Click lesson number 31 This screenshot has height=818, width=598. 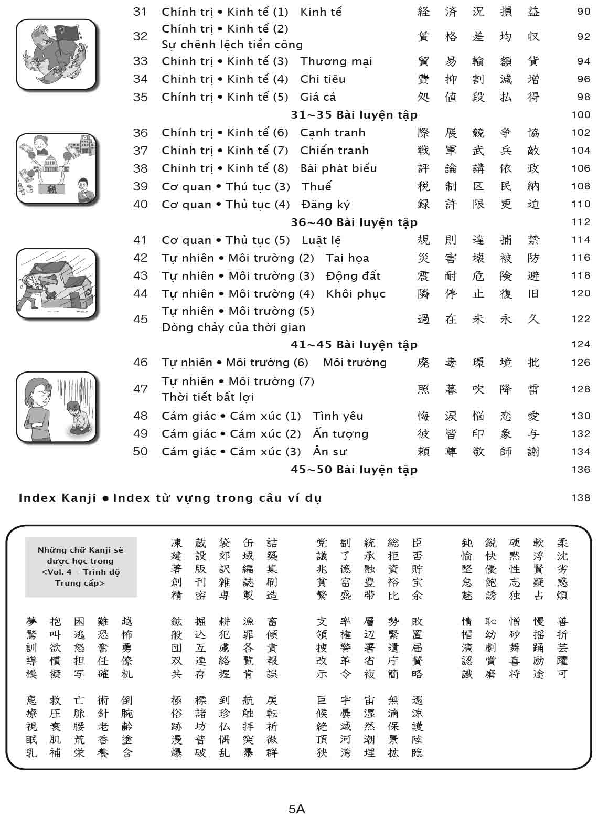tap(140, 12)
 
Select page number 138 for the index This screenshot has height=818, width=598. tap(581, 497)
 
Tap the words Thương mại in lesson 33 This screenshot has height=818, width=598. tap(336, 61)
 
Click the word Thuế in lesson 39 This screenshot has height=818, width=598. tap(316, 186)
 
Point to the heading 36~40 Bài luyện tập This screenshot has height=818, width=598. tap(354, 222)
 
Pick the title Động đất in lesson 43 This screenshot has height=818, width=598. tap(353, 275)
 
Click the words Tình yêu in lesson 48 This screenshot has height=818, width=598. tap(338, 416)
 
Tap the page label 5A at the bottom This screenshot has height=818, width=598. tap(297, 809)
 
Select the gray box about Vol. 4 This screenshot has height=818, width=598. tap(81, 567)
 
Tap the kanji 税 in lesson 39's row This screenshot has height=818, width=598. tap(423, 186)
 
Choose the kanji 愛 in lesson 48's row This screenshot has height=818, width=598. tap(533, 416)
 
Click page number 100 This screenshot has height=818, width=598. tap(581, 115)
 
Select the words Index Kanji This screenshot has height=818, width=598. tap(58, 497)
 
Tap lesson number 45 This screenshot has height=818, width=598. tap(140, 319)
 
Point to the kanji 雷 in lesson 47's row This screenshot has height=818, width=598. tap(533, 389)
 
